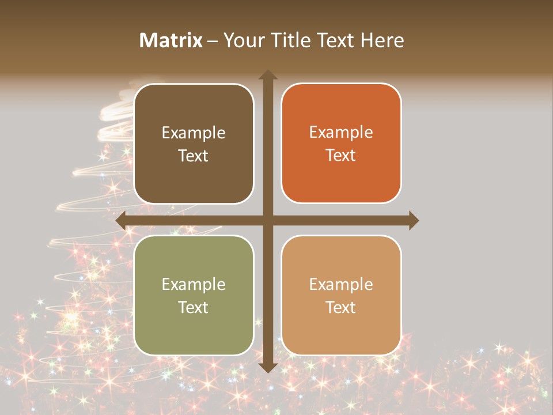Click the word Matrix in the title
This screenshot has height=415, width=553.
[x=171, y=40]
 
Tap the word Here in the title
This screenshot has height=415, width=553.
[x=382, y=40]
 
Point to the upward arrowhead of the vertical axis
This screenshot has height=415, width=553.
[x=267, y=75]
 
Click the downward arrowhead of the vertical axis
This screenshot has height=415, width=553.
[x=267, y=367]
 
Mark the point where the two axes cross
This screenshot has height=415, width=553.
[x=267, y=220]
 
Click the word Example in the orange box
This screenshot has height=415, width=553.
[x=341, y=133]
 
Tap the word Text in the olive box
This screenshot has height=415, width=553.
[x=194, y=307]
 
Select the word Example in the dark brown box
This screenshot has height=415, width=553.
[x=194, y=133]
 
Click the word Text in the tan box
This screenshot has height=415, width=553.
[x=341, y=307]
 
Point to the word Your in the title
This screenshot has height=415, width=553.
[x=241, y=40]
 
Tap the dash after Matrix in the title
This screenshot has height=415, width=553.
[x=213, y=41]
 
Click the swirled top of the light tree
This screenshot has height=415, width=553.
[x=118, y=110]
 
